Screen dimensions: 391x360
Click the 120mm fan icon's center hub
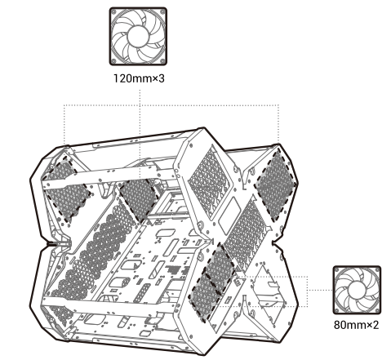pos(138,37)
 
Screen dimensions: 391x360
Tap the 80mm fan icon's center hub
pos(357,290)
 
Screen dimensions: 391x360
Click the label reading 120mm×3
pos(139,78)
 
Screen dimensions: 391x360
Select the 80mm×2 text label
pos(356,325)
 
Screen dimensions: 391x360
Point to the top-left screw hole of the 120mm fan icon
pos(114,12)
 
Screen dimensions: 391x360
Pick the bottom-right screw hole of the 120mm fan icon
pos(162,61)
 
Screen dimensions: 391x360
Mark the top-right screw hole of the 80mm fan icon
pos(377,270)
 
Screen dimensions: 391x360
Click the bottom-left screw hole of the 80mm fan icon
pos(337,309)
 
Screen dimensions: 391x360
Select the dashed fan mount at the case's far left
pos(66,189)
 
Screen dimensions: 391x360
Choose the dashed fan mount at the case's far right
pos(275,185)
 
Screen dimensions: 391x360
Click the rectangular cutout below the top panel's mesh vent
pos(229,215)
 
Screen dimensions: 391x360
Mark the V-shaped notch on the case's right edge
pos(275,242)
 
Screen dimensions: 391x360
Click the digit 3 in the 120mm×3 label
pos(162,78)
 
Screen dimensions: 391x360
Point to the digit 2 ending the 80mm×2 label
pos(375,325)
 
